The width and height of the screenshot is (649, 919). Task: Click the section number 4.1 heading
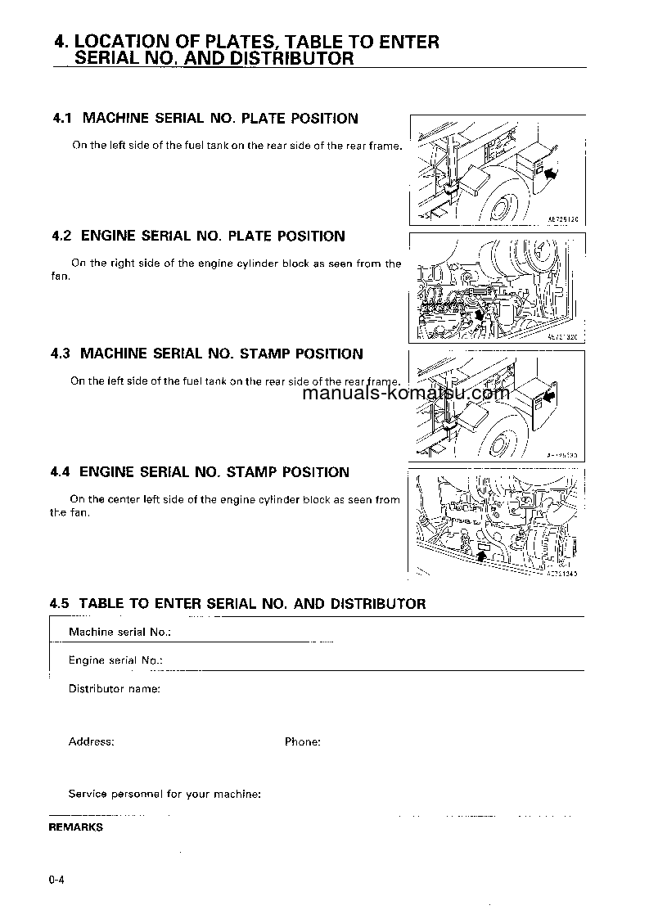click(205, 119)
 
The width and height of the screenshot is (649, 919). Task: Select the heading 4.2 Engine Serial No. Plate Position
click(198, 237)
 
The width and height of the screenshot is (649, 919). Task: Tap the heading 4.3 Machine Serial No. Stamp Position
click(206, 354)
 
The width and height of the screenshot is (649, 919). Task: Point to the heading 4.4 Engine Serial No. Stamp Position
click(200, 472)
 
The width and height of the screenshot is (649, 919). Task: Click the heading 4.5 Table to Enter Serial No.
click(237, 604)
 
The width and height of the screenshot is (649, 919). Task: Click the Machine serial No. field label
click(119, 632)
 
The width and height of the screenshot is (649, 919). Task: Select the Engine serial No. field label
click(115, 660)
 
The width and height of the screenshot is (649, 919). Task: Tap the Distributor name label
click(114, 689)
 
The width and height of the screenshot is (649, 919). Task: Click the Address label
click(91, 741)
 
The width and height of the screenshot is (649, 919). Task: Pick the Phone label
click(302, 741)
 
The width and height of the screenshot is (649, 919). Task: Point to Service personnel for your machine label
click(165, 794)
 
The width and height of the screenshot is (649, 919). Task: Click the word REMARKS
click(76, 827)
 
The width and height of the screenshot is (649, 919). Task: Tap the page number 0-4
click(56, 881)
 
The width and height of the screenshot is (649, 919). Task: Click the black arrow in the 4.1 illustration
click(554, 173)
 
